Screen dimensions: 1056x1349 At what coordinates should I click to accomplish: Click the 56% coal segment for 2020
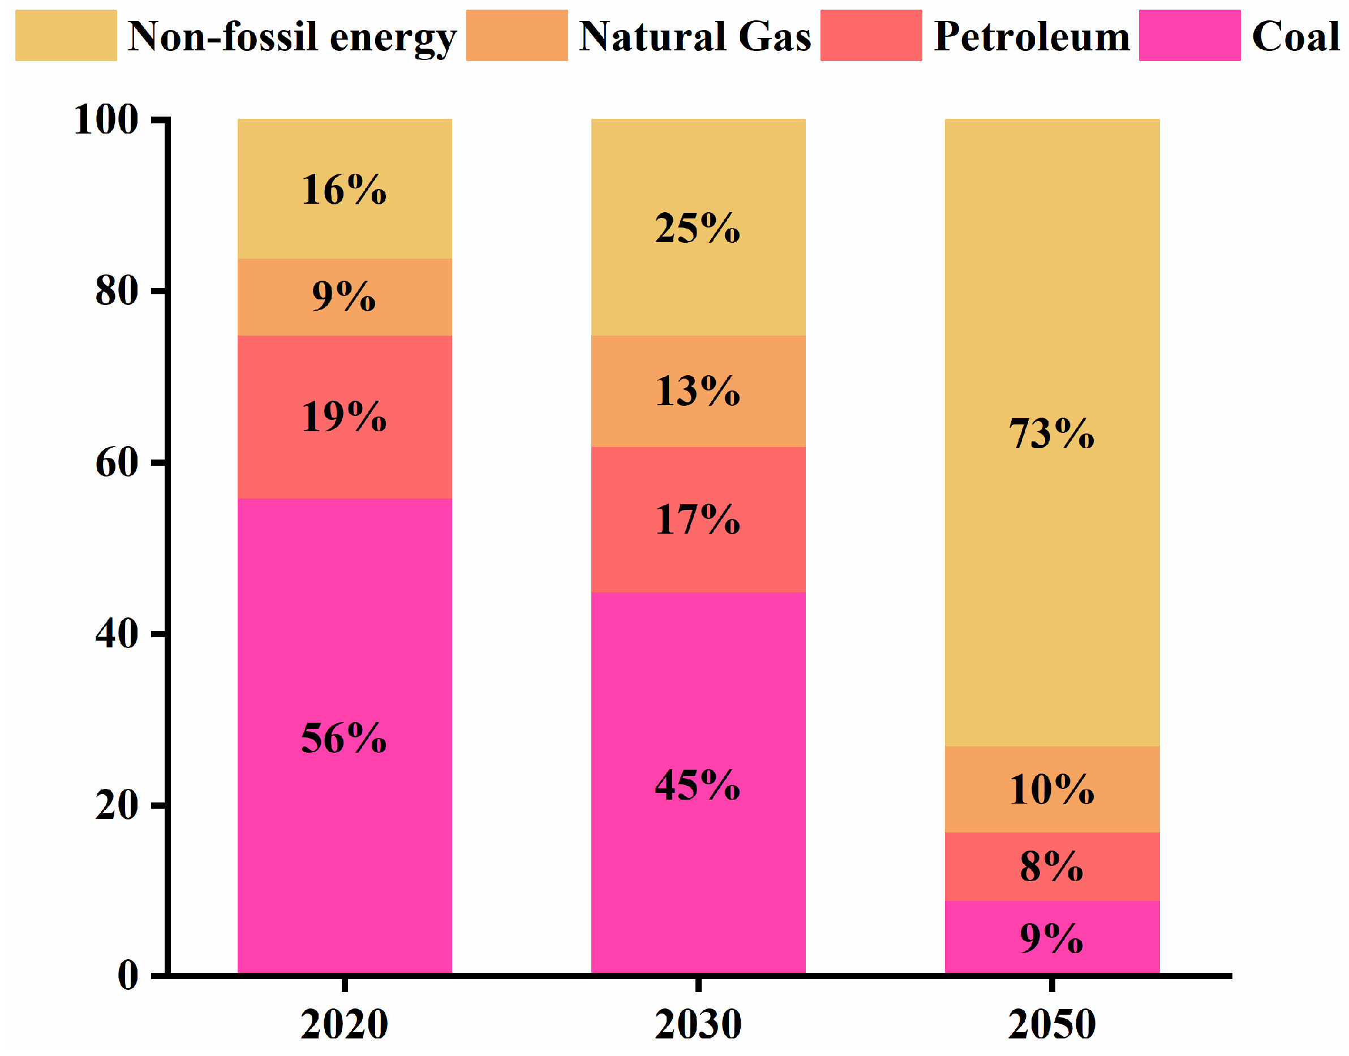(345, 736)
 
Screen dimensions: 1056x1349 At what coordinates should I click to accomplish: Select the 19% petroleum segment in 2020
(345, 417)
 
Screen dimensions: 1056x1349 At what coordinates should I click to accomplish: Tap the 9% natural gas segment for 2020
(345, 297)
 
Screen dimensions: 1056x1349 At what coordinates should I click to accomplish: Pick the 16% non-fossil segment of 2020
(345, 188)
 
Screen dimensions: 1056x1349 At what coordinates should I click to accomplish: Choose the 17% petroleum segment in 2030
(698, 520)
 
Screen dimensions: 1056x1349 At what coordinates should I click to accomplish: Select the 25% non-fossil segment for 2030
(698, 227)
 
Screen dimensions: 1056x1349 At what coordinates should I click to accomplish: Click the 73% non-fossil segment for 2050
(1051, 433)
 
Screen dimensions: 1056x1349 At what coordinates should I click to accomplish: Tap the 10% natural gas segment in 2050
(1051, 789)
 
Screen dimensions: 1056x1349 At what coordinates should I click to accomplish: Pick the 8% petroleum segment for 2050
(1051, 866)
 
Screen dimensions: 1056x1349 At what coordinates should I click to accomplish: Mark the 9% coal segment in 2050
(1051, 937)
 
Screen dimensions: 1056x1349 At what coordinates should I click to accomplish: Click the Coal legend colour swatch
(1189, 35)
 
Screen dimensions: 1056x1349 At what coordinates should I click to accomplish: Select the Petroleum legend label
(1031, 36)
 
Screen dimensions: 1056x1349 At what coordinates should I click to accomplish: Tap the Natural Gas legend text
(694, 36)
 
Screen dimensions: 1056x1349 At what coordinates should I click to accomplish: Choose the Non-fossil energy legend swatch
(66, 35)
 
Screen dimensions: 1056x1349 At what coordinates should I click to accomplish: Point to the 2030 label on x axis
(698, 1024)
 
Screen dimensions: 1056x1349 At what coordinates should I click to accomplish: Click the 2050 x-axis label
(1051, 1024)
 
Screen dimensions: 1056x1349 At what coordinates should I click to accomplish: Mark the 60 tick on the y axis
(116, 462)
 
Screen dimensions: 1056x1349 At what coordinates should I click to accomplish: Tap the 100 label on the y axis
(106, 119)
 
